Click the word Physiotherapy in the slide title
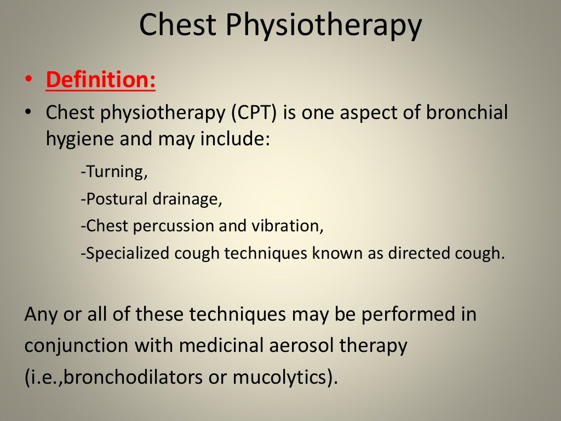pos(323,26)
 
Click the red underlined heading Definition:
pos(101,79)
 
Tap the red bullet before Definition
pos(28,80)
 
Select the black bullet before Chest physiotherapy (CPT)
pos(28,112)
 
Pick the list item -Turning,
pos(114,172)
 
